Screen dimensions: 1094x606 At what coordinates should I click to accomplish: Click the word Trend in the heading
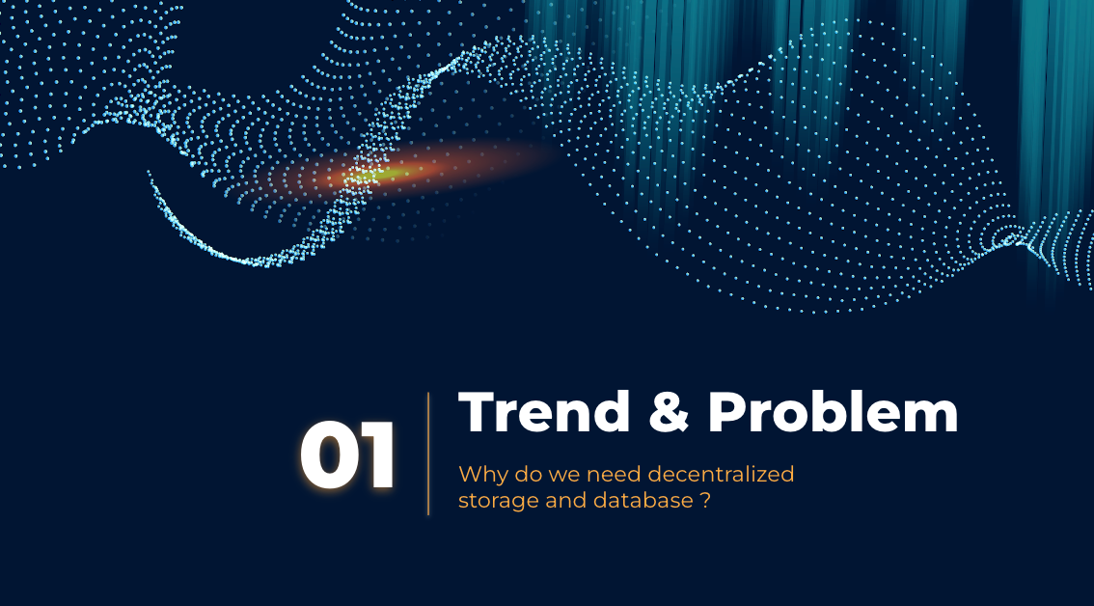click(x=544, y=411)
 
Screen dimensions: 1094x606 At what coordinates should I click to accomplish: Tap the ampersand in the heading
click(x=669, y=411)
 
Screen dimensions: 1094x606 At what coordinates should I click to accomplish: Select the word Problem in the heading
click(x=834, y=411)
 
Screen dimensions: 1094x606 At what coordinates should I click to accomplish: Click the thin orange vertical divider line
click(x=428, y=454)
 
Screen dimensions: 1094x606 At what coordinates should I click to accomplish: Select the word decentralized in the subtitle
click(x=722, y=474)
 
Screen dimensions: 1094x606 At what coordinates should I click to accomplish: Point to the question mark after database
click(x=704, y=501)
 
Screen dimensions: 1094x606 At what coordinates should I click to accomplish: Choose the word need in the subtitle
click(x=614, y=474)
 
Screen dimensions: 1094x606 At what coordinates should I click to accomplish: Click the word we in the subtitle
click(x=563, y=476)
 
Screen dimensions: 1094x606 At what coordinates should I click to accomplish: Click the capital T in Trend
click(x=477, y=411)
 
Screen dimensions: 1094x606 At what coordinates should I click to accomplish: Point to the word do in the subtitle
click(x=528, y=474)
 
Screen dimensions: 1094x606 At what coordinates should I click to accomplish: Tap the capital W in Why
click(x=470, y=474)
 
